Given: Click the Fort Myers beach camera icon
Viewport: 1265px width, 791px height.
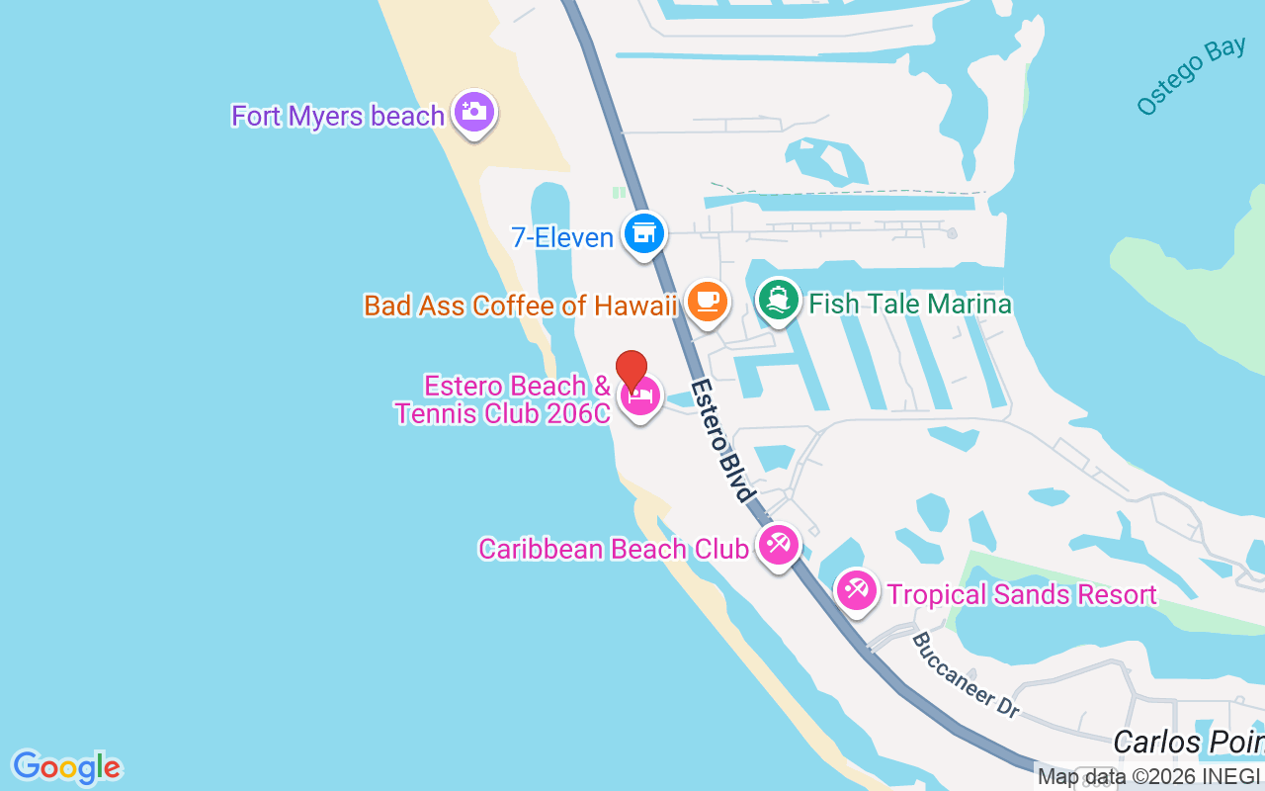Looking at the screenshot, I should coord(474,112).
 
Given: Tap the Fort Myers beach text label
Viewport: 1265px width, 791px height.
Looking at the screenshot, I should coord(338,116).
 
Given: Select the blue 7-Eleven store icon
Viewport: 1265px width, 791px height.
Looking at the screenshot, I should coord(644,234).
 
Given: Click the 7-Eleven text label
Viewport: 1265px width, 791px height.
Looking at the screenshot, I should coord(562,237).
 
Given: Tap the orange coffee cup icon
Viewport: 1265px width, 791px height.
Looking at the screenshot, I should coord(706,302).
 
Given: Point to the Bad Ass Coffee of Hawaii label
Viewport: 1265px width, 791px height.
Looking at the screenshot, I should coord(520,306).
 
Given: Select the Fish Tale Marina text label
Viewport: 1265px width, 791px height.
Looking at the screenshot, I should coord(910,304).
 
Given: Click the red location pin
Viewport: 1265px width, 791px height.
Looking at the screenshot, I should coord(632,372).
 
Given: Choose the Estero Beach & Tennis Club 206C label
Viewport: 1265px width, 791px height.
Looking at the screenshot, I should coord(504,399).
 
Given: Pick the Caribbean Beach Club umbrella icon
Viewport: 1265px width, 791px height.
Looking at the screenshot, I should coord(779,545).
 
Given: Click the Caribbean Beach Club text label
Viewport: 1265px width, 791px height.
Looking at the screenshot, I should coord(613,549).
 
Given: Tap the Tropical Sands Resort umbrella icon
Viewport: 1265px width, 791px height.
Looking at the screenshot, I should coord(856,590).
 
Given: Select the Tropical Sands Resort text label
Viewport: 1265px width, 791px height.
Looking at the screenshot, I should coord(1022,594).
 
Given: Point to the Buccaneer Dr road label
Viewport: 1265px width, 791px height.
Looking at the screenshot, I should coord(965,675).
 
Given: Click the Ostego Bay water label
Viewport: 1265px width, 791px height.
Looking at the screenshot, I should coord(1190,77).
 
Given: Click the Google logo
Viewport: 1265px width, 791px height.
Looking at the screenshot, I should coord(66,767).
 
